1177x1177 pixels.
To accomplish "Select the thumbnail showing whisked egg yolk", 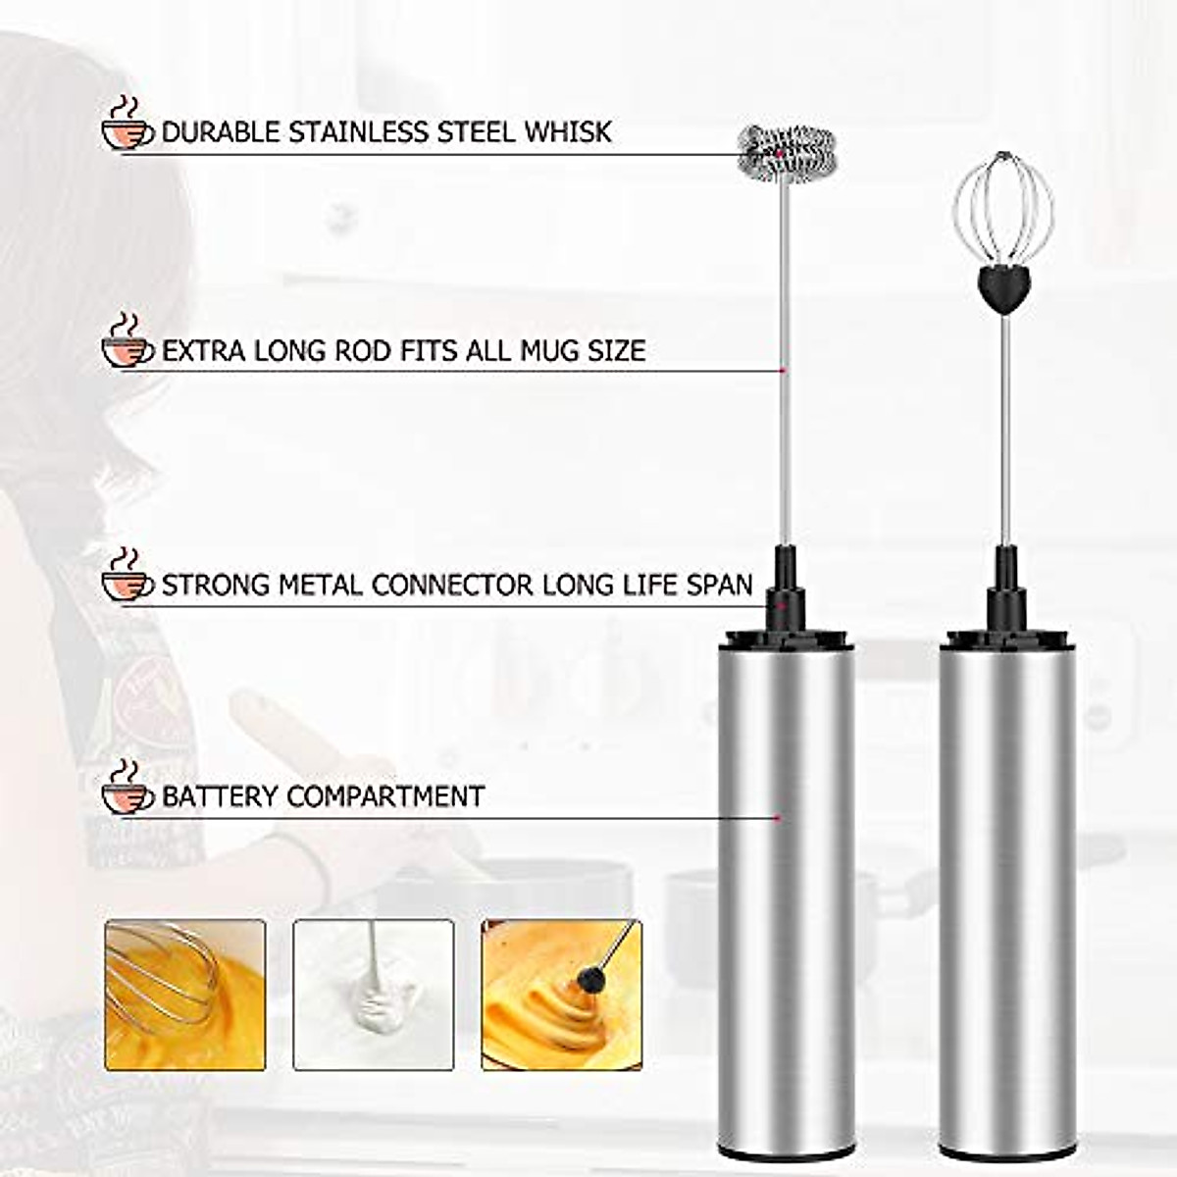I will coord(185,995).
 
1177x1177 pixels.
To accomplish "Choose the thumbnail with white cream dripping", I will coord(374,995).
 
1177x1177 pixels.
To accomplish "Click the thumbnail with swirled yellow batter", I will coord(561,995).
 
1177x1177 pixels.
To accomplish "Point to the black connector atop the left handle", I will coord(785,598).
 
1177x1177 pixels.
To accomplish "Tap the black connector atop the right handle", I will coord(1006,598).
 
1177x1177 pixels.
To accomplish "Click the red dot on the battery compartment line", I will coord(777,817).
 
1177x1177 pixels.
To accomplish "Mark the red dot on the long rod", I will coord(782,371).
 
